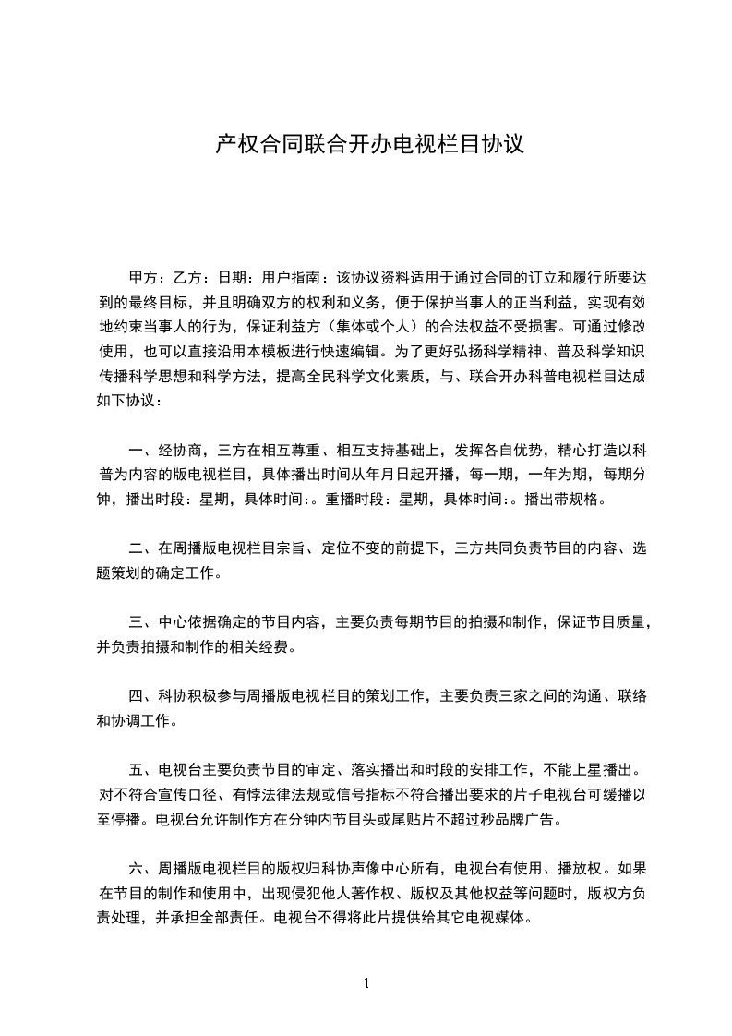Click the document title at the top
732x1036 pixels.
369,144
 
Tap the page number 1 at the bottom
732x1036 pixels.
366,982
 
